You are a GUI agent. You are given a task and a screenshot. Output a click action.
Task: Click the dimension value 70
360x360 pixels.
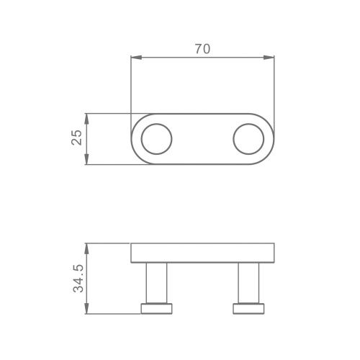tap(202, 49)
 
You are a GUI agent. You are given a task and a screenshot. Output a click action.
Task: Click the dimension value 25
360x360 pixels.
tap(77, 138)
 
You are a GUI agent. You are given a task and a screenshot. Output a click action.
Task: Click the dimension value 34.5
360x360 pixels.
tap(78, 279)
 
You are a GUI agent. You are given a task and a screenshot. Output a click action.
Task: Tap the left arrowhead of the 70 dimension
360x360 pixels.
tap(136, 58)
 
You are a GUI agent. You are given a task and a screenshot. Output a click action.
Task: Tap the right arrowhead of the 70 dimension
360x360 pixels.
tap(269, 58)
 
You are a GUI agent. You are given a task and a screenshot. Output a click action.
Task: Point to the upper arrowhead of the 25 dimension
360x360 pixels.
tap(86, 119)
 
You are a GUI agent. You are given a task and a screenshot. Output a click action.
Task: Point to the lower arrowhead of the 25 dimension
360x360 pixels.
tap(86, 159)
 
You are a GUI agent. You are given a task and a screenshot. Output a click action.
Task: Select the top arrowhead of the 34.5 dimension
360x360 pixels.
tap(86, 248)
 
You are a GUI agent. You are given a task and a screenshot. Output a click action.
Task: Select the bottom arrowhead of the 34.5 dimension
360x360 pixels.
tap(86, 308)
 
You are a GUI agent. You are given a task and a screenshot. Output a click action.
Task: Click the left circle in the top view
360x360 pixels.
tap(141, 139)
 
